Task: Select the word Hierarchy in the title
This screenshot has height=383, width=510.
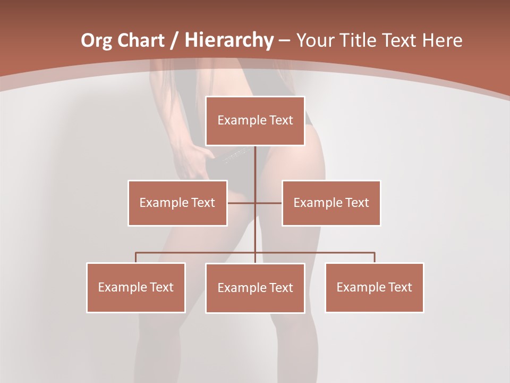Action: (x=229, y=40)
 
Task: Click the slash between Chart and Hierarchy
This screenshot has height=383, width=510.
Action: (x=174, y=40)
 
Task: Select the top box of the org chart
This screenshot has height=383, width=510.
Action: (x=255, y=121)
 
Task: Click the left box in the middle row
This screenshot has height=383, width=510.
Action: (x=177, y=203)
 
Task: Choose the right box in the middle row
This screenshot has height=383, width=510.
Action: (x=331, y=203)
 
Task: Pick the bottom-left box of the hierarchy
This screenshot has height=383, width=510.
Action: (x=136, y=287)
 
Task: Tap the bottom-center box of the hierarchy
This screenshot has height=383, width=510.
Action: (x=255, y=288)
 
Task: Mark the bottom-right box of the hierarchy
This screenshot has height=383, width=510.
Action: (x=375, y=287)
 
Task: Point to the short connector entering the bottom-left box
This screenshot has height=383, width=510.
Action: (x=136, y=257)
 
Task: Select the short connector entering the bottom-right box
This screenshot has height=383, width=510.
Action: (x=375, y=257)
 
